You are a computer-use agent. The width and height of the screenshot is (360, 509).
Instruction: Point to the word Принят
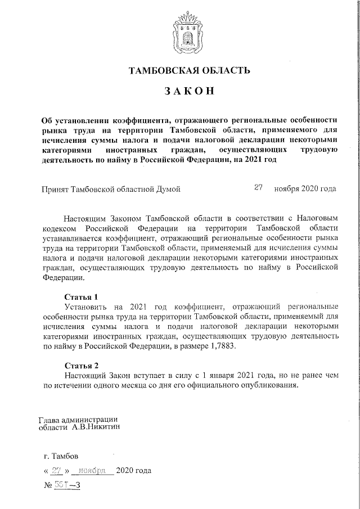point(56,189)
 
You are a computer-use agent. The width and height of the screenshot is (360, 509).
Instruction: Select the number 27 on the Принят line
point(259,188)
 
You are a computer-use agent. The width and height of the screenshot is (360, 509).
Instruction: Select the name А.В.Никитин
point(95,427)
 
